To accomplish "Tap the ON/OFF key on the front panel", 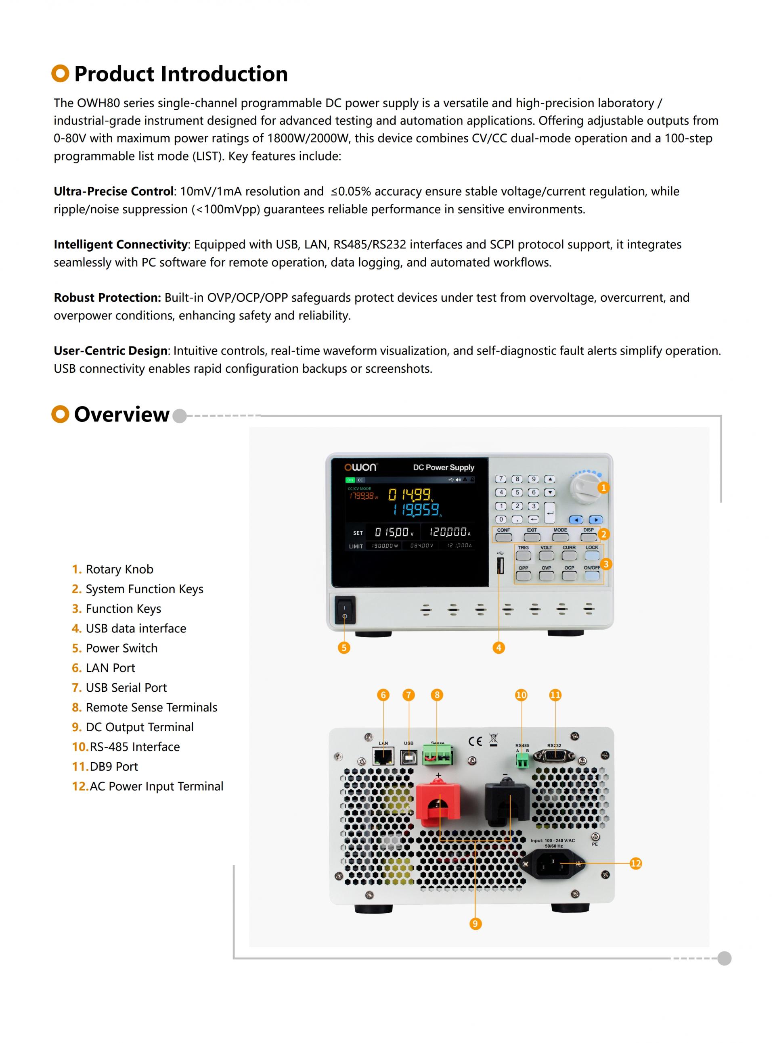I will [x=592, y=576].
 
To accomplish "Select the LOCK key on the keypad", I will [x=592, y=555].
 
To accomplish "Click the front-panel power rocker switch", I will [x=345, y=610].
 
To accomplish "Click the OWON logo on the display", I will [x=360, y=467].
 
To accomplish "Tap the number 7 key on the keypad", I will [x=501, y=479].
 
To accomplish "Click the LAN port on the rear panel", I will [x=383, y=756].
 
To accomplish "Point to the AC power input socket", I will [x=552, y=864].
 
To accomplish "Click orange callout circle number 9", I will [x=475, y=924].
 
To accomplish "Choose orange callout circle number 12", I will [x=636, y=864].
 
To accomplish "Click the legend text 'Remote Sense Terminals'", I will [x=151, y=707].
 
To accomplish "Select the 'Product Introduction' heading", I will [x=180, y=74].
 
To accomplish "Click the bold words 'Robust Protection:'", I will [x=107, y=298].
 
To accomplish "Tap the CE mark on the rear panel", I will [x=475, y=741].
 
